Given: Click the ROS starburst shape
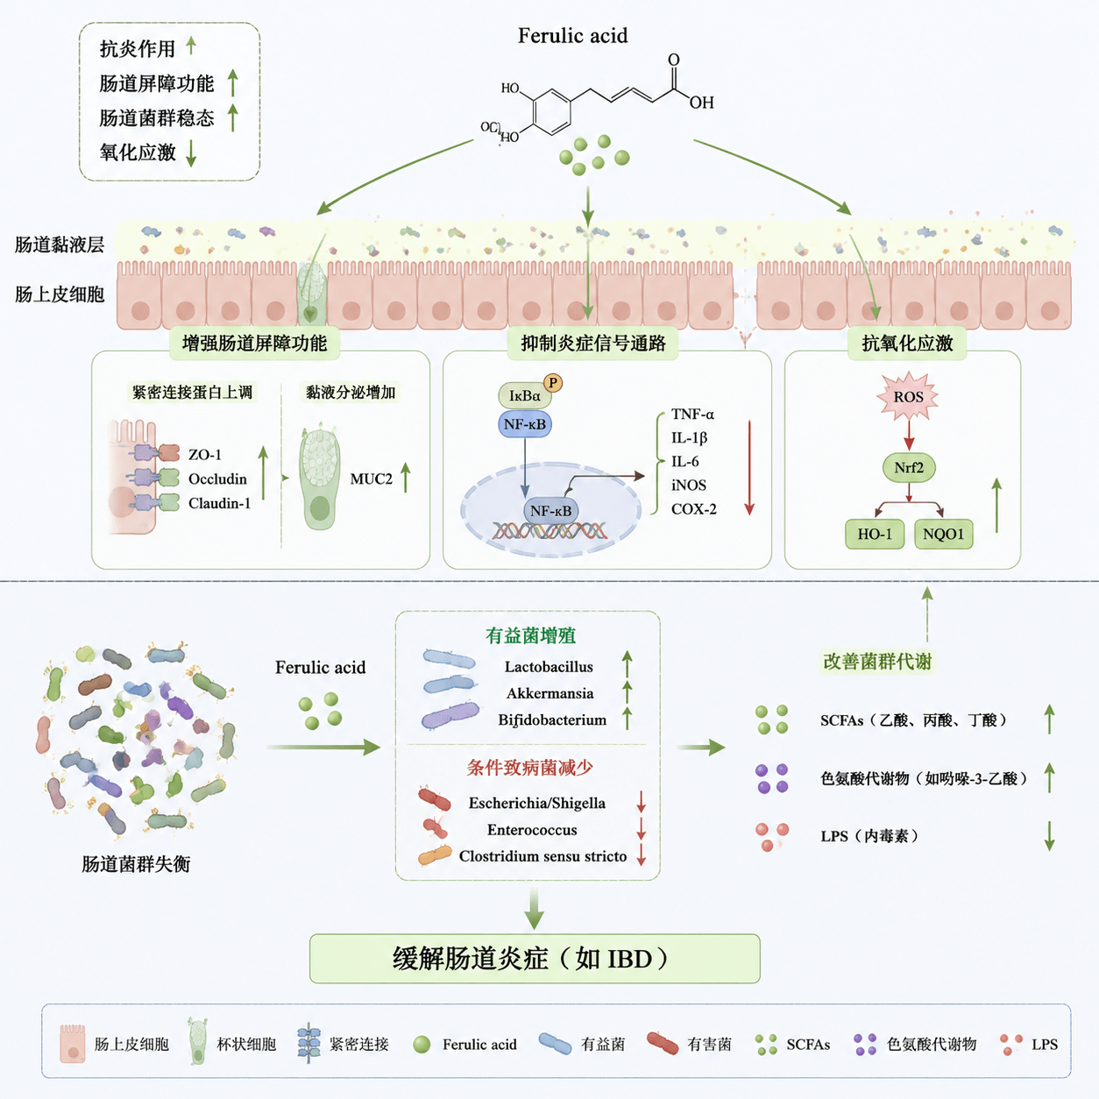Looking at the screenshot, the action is pos(908,396).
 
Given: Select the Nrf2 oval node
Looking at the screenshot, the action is pos(909,468).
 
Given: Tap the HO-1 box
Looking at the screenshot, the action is pos(875,534).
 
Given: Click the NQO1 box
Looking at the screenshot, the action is pos(943,534).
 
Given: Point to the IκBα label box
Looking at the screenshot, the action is pos(525,395).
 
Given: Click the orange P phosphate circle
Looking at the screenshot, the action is pos(553,383).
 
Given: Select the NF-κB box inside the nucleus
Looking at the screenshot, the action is pos(550,510).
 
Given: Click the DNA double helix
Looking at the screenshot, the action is pos(549,531).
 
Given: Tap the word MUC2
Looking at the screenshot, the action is pos(372,479).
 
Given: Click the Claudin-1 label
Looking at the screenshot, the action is pos(220,503).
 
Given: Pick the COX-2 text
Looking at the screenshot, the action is pos(693,508).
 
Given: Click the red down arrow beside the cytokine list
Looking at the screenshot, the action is pos(749,468).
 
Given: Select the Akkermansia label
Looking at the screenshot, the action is pos(549,693).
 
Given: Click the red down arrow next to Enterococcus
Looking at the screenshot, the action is pos(641,829).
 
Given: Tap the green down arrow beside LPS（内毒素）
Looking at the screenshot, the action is pos(1049,836).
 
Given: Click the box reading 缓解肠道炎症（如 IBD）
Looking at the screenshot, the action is pos(535,958).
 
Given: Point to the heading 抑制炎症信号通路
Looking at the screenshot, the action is pos(593,343).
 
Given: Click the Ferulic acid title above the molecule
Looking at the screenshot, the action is pos(572,35).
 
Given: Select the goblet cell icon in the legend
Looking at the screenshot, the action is pos(198,1041).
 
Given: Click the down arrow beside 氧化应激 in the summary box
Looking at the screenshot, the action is pos(191,152).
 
